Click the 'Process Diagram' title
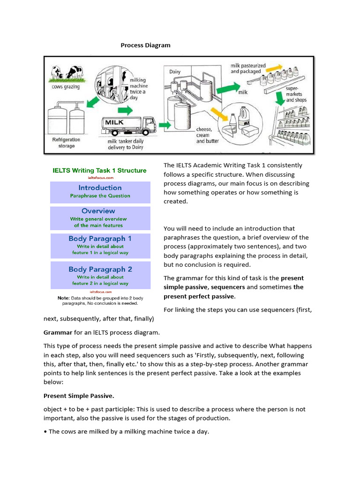pos(145,45)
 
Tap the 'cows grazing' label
pos(65,87)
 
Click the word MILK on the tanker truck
pos(115,122)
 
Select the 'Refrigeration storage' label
pos(66,142)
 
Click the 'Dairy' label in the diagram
pos(175,72)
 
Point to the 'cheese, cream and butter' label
pos(207,135)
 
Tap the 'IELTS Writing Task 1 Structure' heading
pos(99,171)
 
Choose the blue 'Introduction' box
pos(99,191)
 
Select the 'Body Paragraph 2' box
pos(99,276)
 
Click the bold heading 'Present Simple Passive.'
pos(79,396)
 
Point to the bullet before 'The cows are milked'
pos(45,432)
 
